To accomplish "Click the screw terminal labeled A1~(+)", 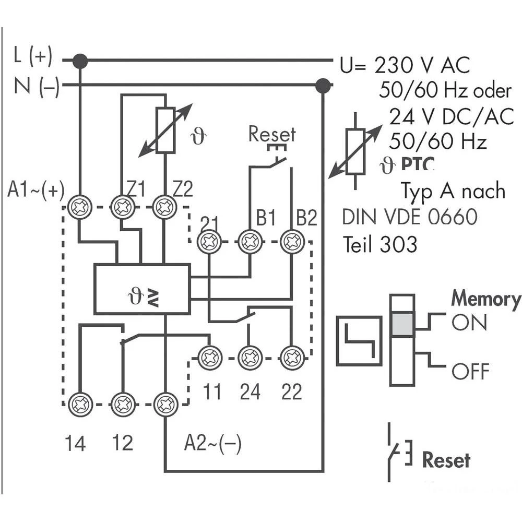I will [80, 207].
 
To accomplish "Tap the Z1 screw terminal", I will [123, 207].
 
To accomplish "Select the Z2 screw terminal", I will [164, 207].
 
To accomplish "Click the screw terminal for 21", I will [209, 242].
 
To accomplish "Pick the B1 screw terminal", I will [250, 242].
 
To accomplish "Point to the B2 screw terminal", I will [291, 242].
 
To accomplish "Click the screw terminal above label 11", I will [209, 358].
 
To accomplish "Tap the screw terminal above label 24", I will [250, 358].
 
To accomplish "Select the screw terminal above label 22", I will [291, 358].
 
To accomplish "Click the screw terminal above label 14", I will [80, 405].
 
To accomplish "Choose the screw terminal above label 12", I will [123, 405].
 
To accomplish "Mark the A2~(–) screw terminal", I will [164, 405].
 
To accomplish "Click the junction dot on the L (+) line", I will [80, 61].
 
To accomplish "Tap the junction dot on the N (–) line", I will [323, 85].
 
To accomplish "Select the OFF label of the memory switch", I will [470, 372].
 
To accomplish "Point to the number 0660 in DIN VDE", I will [453, 217].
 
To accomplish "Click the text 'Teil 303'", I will [379, 244].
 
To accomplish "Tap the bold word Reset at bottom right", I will [446, 460].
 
